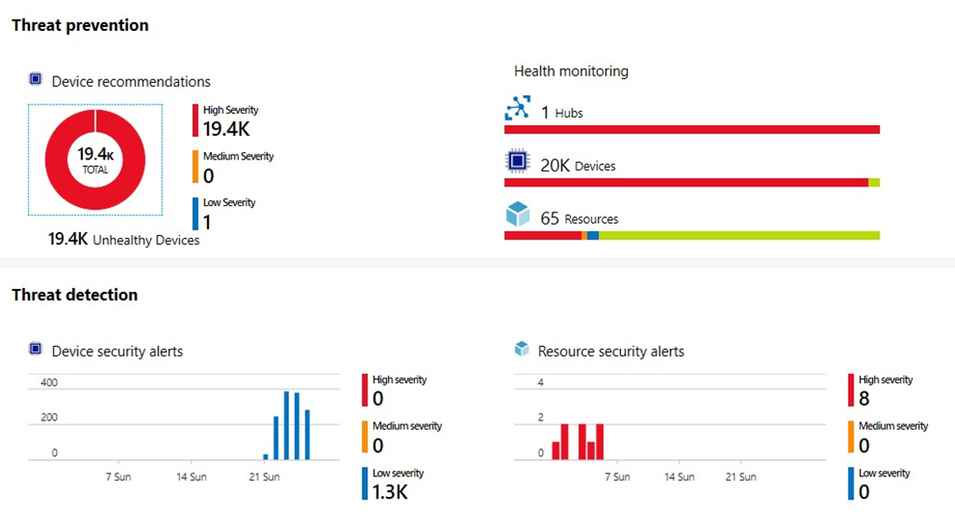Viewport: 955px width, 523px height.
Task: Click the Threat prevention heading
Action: (80, 26)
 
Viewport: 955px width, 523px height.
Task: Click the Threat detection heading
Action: (75, 296)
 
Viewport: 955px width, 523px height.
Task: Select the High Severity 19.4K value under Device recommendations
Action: (226, 129)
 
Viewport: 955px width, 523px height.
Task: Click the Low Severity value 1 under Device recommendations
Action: (206, 222)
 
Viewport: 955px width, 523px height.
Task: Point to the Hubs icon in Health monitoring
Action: (517, 110)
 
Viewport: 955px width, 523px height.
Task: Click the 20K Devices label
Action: (577, 166)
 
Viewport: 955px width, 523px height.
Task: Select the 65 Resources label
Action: (578, 219)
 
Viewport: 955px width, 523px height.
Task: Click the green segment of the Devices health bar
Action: (874, 183)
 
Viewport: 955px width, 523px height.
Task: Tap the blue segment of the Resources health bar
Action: (592, 236)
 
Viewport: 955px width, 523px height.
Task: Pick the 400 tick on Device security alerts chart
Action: (48, 383)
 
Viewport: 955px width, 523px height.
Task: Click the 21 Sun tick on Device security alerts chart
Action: (264, 477)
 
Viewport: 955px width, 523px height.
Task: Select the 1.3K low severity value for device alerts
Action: (391, 492)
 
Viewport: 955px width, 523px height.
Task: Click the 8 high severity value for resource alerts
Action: (864, 399)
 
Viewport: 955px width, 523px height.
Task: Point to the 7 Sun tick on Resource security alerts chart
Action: (616, 477)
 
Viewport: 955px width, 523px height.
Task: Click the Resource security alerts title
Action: (611, 351)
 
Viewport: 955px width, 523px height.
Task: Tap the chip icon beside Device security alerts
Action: (36, 350)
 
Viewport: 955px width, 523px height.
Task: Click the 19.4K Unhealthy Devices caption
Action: (124, 241)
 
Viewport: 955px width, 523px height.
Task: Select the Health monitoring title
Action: (571, 71)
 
